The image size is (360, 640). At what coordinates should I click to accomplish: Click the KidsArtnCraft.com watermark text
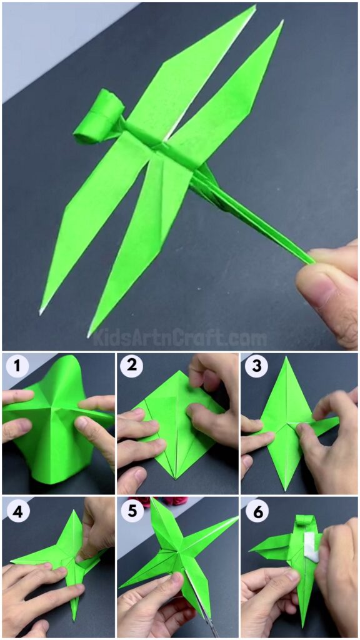tap(180, 338)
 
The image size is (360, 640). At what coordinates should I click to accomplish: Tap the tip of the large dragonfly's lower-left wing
tap(41, 312)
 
